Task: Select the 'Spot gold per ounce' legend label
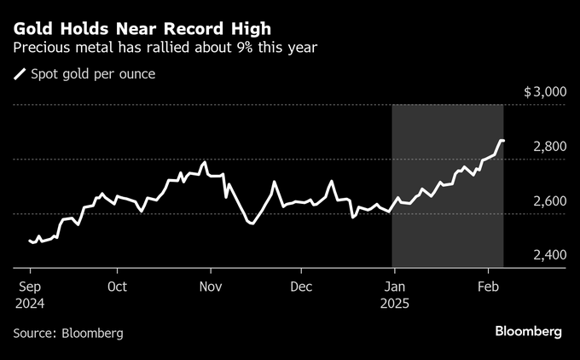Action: pyautogui.click(x=93, y=73)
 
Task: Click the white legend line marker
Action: pyautogui.click(x=20, y=74)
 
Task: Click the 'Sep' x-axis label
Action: pyautogui.click(x=31, y=287)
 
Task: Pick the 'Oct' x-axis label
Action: pyautogui.click(x=118, y=287)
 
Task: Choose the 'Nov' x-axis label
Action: pyautogui.click(x=210, y=287)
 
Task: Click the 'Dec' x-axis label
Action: pyautogui.click(x=300, y=287)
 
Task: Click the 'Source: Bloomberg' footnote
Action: pyautogui.click(x=68, y=333)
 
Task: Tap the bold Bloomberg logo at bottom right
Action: pyautogui.click(x=529, y=331)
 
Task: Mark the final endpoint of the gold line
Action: pyautogui.click(x=502, y=141)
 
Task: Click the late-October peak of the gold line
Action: pyautogui.click(x=205, y=162)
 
